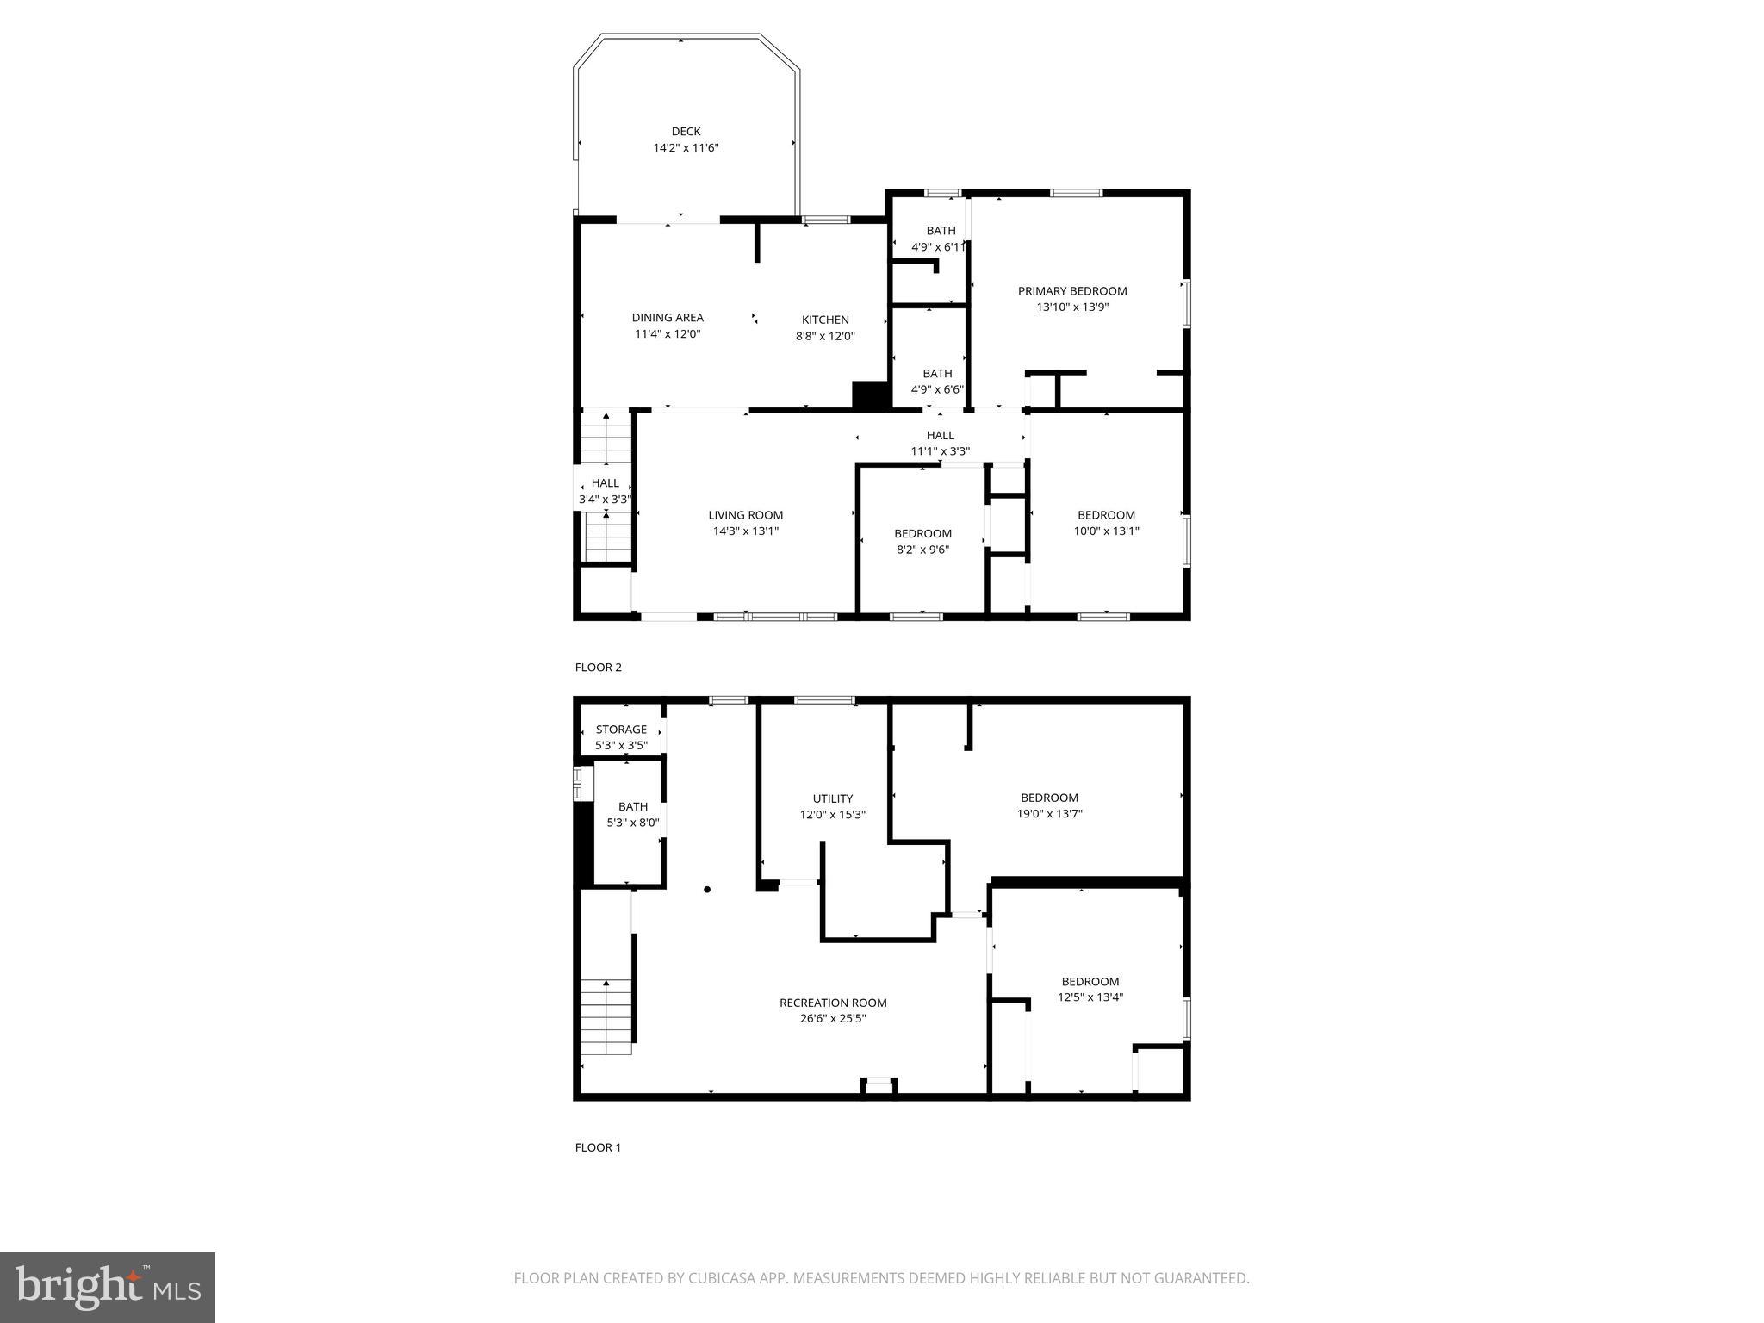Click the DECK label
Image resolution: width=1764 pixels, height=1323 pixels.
686,132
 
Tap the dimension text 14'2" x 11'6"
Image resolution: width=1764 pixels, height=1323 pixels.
686,148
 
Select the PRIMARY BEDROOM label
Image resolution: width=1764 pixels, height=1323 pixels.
1071,291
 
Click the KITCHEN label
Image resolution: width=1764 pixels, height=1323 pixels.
825,320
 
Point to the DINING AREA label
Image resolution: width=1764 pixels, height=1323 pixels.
668,318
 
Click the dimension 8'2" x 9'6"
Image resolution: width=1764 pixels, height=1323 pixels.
922,550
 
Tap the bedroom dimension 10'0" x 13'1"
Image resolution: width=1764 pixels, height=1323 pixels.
1106,531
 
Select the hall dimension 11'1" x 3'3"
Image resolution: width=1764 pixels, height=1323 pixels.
941,451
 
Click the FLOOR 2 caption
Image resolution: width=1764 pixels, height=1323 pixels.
598,668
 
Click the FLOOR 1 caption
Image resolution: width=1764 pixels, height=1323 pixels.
598,1147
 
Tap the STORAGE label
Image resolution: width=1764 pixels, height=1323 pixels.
621,730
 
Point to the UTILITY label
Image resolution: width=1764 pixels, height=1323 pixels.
832,798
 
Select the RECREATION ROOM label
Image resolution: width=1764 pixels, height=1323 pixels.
832,1003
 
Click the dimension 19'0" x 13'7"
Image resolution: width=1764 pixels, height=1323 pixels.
1049,814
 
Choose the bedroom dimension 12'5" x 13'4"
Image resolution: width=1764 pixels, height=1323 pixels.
1090,997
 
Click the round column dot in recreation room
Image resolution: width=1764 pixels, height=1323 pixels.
707,890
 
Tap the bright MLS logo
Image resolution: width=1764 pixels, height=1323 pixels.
108,1287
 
